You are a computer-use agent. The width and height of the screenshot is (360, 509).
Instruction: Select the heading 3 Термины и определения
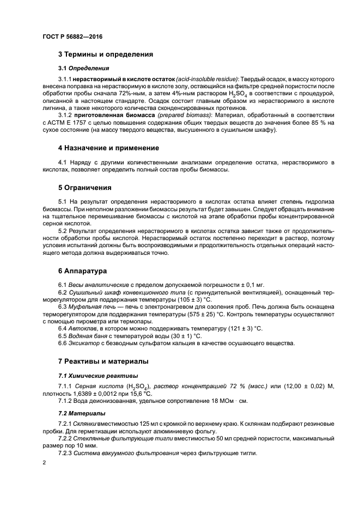[x=105, y=54]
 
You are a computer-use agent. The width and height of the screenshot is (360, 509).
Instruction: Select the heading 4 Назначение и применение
[x=108, y=148]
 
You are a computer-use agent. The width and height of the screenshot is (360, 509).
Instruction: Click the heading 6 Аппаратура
[x=83, y=271]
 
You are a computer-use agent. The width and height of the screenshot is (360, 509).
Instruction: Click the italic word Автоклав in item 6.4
[x=83, y=328]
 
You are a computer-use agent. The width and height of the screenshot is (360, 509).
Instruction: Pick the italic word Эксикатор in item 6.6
[x=84, y=343]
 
